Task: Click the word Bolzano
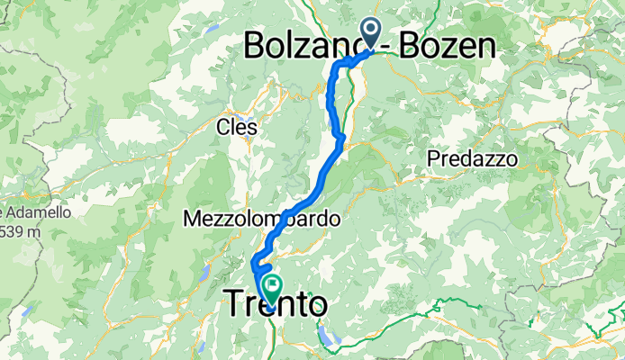[305, 45]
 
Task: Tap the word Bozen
[441, 45]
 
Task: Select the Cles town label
[238, 128]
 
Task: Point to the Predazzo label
[472, 158]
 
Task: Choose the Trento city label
[275, 305]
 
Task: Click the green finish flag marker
[271, 285]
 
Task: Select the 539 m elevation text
[17, 231]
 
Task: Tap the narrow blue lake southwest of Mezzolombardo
[208, 273]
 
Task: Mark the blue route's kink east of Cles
[340, 138]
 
